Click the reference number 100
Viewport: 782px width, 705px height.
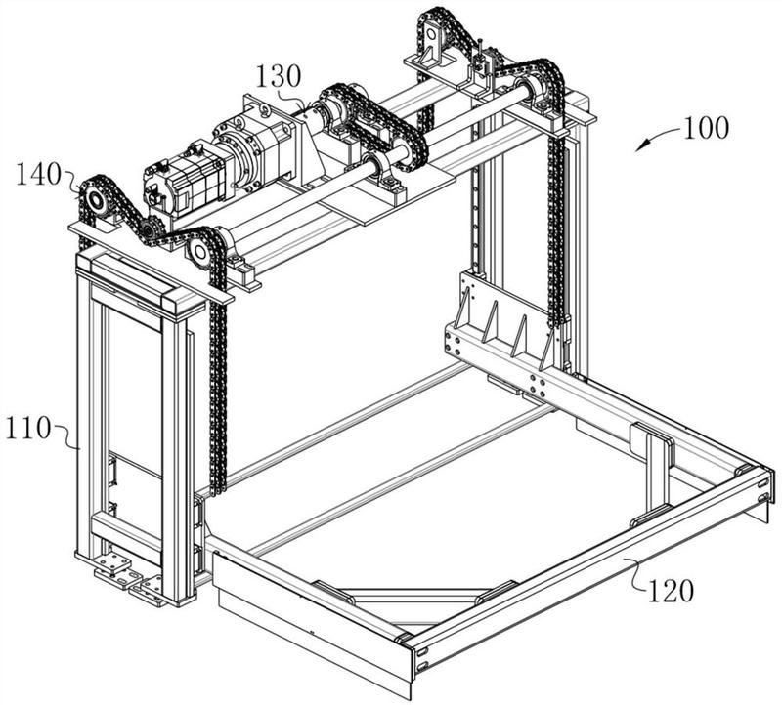pos(706,128)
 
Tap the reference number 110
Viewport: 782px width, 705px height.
pos(27,428)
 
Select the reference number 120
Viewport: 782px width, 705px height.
pos(671,591)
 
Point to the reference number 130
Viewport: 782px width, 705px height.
pos(279,77)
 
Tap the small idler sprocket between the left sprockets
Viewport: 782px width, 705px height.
pos(149,230)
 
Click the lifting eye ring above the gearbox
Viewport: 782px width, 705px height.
pos(263,110)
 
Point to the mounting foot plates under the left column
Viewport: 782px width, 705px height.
pos(128,577)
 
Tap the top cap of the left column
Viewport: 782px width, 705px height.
pos(141,282)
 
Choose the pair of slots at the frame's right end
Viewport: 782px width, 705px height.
pos(762,490)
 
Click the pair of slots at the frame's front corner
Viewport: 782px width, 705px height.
pos(421,658)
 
